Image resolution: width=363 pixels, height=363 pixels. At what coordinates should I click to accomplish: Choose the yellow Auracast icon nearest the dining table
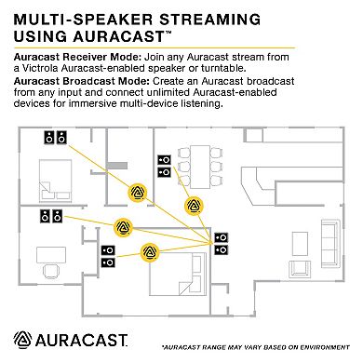(196, 205)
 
